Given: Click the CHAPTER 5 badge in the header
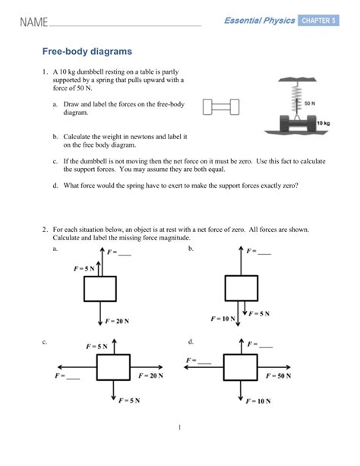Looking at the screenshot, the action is tap(318, 21).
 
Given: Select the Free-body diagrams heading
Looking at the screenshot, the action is tap(87, 52).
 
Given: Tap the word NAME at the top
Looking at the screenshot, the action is tap(34, 22).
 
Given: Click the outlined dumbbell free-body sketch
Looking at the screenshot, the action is tap(221, 107).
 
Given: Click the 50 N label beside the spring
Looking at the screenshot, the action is tap(310, 103).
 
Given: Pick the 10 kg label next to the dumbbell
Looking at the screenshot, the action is tap(324, 123).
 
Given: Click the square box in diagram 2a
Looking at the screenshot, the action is tap(100, 289).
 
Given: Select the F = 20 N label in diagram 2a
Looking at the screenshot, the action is tap(117, 322).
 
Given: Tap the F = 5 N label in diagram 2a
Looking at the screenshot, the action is tap(84, 268).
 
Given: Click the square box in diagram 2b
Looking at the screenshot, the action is tap(242, 288).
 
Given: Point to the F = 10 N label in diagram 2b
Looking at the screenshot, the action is tap(223, 319).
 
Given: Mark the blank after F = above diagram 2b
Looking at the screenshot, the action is tap(264, 253).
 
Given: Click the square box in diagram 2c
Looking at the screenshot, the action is tap(113, 367).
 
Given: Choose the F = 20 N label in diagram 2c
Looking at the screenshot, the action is tap(151, 376).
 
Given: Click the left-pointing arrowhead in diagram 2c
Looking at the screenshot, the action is tap(60, 367).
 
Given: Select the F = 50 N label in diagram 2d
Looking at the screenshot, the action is tap(278, 376).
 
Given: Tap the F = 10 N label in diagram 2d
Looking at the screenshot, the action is tap(258, 401).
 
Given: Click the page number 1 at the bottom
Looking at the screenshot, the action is tap(179, 427).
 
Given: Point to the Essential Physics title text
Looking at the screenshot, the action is tap(260, 21).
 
